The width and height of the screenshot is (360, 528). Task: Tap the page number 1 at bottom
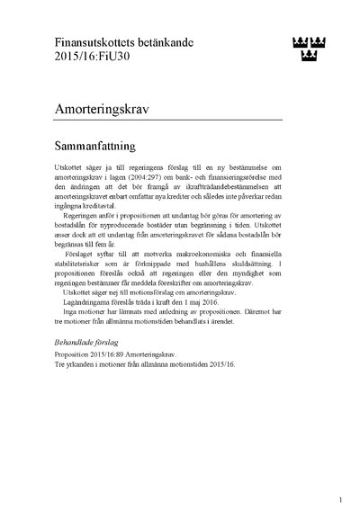[x=340, y=499]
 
